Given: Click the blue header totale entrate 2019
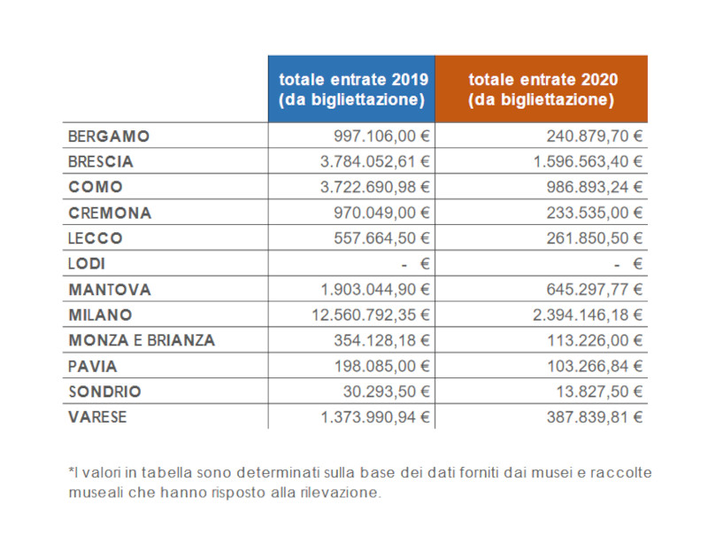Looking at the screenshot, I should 351,89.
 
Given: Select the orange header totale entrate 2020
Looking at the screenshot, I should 541,89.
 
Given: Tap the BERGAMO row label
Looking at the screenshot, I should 109,136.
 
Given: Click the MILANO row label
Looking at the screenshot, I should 100,315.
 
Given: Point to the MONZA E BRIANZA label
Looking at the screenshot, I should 142,340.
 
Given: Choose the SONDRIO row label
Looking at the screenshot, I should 104,392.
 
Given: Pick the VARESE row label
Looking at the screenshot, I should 97,417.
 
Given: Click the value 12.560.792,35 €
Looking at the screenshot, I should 370,315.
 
